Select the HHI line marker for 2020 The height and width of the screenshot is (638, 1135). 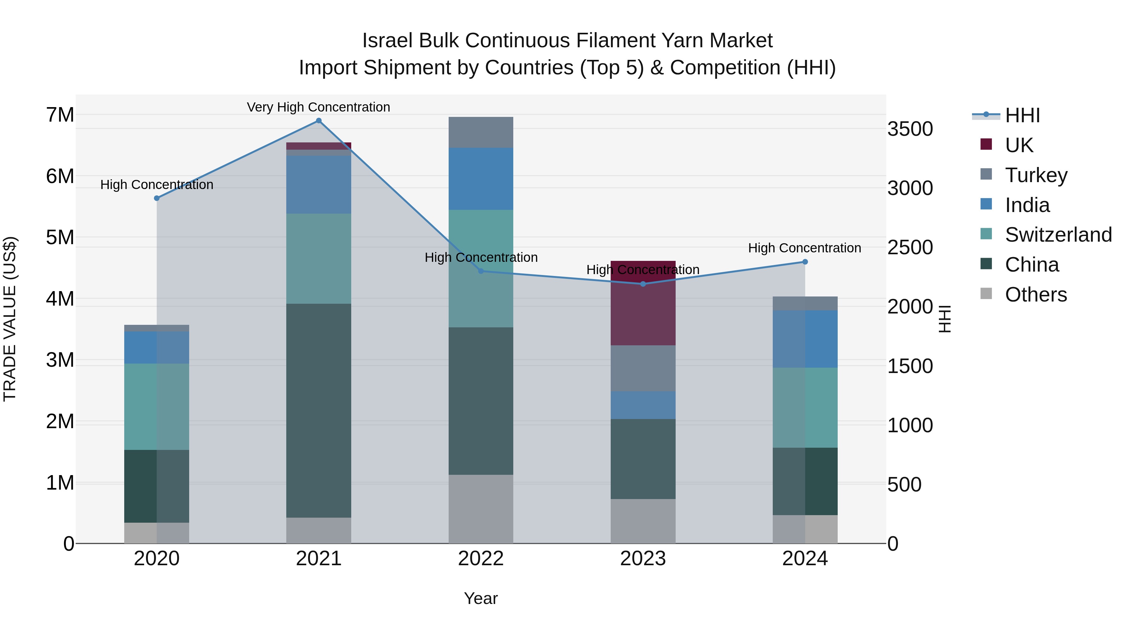tap(157, 198)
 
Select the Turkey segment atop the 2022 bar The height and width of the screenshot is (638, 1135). tap(481, 132)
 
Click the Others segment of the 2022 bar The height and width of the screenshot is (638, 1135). tap(481, 509)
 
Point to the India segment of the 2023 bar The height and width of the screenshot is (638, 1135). tap(643, 405)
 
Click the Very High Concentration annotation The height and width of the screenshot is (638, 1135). tap(318, 107)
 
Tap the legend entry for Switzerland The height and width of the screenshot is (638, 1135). tap(1058, 235)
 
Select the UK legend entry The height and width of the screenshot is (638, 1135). tap(1019, 145)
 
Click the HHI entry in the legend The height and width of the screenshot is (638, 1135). tap(1022, 115)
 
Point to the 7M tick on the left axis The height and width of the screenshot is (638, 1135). tap(60, 115)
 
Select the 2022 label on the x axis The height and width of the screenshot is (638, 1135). tap(481, 559)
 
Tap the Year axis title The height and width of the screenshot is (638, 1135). tap(481, 598)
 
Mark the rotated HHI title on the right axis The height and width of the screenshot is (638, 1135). tap(945, 319)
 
